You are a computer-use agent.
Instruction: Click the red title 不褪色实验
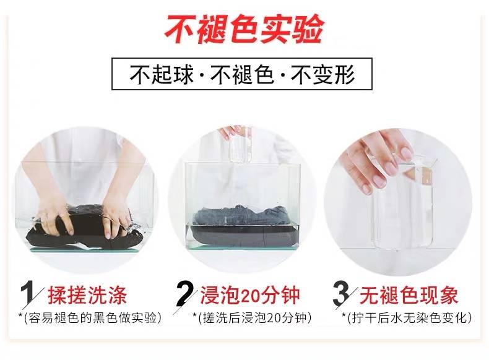click(x=244, y=29)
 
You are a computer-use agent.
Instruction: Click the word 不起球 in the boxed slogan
click(x=161, y=74)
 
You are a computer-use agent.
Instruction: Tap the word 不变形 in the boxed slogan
click(x=323, y=74)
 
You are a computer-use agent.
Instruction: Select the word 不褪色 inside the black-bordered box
click(x=242, y=74)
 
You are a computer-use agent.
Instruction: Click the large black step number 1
click(x=27, y=294)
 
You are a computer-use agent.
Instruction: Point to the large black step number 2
click(x=184, y=294)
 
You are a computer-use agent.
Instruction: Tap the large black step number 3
click(x=341, y=294)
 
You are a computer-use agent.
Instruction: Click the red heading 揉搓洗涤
click(x=87, y=295)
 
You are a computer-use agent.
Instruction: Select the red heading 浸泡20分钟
click(x=250, y=295)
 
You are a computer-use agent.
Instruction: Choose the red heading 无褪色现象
click(x=409, y=295)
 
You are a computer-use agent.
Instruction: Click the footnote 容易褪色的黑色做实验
click(x=92, y=318)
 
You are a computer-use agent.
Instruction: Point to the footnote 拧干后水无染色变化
click(x=409, y=318)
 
